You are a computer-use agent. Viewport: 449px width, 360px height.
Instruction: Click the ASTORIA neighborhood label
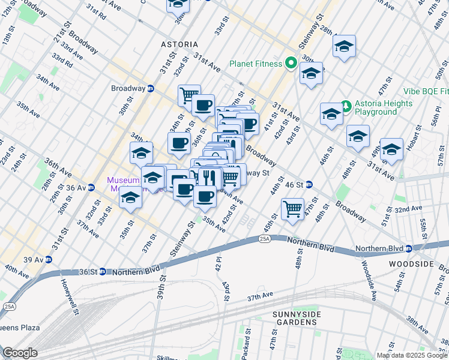pyautogui.click(x=179, y=44)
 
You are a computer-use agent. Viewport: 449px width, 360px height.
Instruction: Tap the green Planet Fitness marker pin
pyautogui.click(x=292, y=63)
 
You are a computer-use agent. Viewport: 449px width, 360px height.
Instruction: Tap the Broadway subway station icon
pyautogui.click(x=151, y=88)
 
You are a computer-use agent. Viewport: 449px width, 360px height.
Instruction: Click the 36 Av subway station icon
pyautogui.click(x=92, y=187)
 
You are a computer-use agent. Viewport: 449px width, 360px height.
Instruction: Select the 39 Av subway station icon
pyautogui.click(x=48, y=259)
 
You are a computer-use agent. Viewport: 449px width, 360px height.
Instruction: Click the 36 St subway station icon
pyautogui.click(x=103, y=271)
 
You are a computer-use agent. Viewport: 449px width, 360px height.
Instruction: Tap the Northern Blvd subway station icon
pyautogui.click(x=408, y=248)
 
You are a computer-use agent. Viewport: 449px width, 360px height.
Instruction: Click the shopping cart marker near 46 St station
pyautogui.click(x=292, y=209)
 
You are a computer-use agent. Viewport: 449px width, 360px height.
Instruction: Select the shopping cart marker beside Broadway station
pyautogui.click(x=188, y=94)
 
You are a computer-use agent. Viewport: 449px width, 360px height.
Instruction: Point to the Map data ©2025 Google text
pyautogui.click(x=412, y=355)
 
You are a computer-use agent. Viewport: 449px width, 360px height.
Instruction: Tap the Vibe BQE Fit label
pyautogui.click(x=426, y=91)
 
